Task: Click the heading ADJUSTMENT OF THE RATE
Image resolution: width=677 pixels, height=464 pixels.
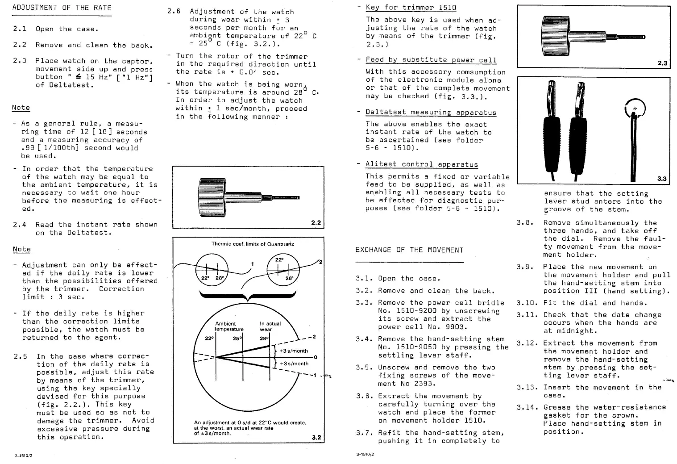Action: pyautogui.click(x=62, y=8)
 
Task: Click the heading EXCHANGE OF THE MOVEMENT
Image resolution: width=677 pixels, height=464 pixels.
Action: pyautogui.click(x=409, y=250)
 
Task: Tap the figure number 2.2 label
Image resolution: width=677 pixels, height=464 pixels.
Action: pyautogui.click(x=316, y=222)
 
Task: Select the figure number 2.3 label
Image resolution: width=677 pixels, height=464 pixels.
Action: pyautogui.click(x=662, y=63)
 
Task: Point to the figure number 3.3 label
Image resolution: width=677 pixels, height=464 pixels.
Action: pyautogui.click(x=662, y=179)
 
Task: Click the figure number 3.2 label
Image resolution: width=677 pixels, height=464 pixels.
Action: pyautogui.click(x=316, y=437)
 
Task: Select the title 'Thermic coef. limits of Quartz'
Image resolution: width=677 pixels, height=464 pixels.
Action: pyautogui.click(x=253, y=244)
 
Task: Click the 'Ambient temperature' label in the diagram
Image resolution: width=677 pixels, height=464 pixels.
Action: pyautogui.click(x=229, y=326)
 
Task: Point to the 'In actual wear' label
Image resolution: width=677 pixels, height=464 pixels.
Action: pyautogui.click(x=270, y=326)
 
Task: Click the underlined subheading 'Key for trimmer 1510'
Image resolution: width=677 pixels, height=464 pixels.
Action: pyautogui.click(x=411, y=7)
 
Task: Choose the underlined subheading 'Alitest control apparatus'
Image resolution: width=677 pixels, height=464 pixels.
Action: pyautogui.click(x=421, y=164)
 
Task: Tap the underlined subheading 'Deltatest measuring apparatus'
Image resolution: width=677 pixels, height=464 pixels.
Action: pyautogui.click(x=431, y=112)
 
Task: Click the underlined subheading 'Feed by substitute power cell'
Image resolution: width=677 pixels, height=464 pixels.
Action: pyautogui.click(x=431, y=60)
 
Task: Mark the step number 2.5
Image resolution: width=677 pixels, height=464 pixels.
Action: pyautogui.click(x=20, y=356)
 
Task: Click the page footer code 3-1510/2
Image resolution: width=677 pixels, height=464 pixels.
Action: pyautogui.click(x=365, y=455)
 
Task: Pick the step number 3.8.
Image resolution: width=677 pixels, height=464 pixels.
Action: pyautogui.click(x=525, y=223)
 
